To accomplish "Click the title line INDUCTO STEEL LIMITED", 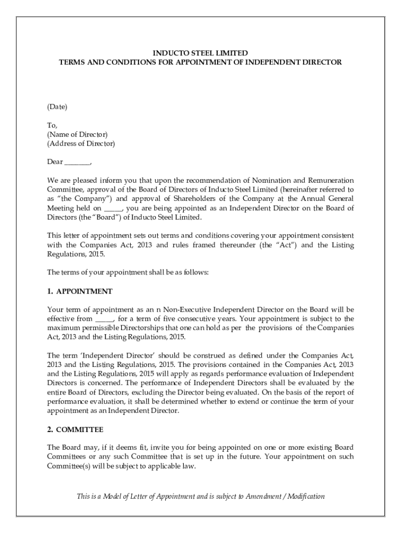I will coord(200,53).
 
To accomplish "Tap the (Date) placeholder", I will coord(57,107).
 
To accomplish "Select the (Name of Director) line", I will coord(77,134).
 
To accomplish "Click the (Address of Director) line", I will coord(81,144).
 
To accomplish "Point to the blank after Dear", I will coord(77,162).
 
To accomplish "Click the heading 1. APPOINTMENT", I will coord(80,291).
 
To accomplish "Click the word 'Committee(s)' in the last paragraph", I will coord(68,466).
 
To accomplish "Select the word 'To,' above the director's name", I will coord(52,125).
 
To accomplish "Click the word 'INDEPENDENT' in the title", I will coord(281,62).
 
